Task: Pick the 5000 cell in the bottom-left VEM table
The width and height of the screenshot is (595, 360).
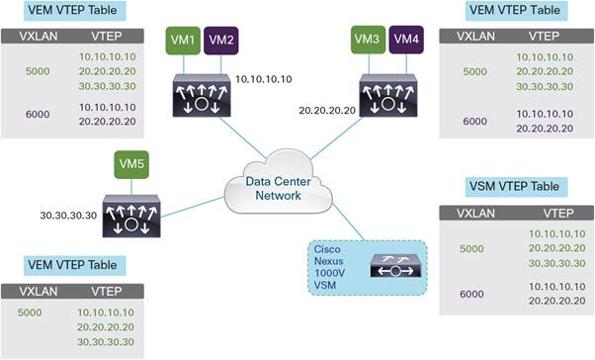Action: (x=32, y=311)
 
